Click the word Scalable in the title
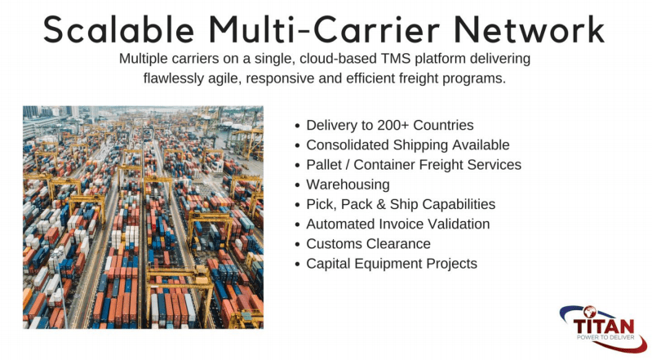119,29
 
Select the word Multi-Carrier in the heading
324,29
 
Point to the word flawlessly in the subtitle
174,78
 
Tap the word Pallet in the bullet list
324,164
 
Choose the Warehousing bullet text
348,184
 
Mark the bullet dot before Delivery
297,126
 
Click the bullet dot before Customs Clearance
297,245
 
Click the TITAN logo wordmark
604,326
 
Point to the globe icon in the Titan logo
590,312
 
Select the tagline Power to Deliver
605,337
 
